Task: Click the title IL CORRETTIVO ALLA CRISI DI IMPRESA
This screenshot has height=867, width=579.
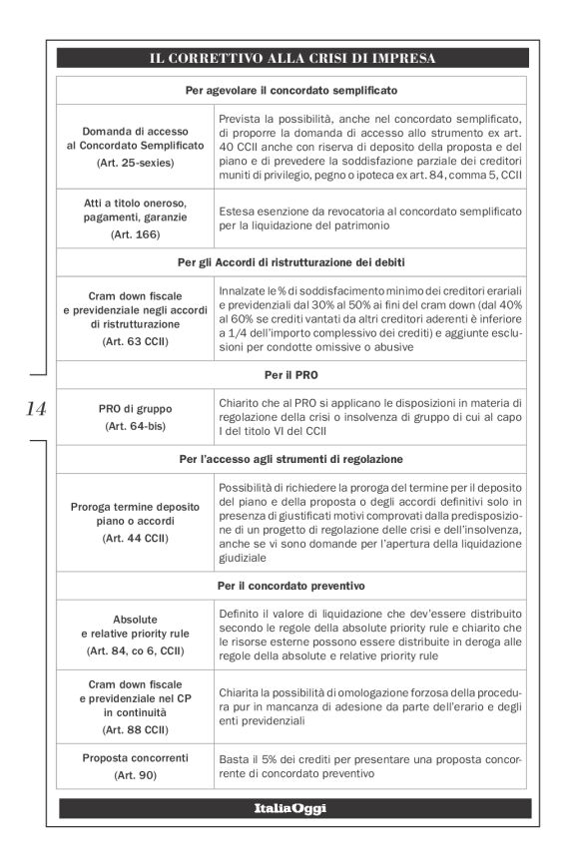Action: tap(292, 59)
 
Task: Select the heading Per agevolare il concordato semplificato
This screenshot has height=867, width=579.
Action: tap(292, 89)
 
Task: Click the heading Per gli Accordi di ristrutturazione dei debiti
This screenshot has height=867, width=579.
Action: tap(292, 262)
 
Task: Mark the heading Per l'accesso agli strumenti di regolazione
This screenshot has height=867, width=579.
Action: tap(292, 459)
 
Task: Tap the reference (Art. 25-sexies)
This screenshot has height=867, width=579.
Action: tap(135, 161)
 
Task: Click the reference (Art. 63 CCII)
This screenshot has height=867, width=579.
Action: tap(135, 341)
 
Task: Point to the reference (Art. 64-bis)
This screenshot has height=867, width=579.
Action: tap(135, 426)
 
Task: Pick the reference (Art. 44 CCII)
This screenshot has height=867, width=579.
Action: tap(135, 538)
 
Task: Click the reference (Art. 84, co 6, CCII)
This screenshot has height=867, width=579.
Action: tap(135, 650)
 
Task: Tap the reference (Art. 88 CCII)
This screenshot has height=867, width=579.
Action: tap(135, 728)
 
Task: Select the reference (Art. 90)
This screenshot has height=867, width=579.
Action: tap(135, 774)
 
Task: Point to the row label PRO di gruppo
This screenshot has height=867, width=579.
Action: tap(135, 409)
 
